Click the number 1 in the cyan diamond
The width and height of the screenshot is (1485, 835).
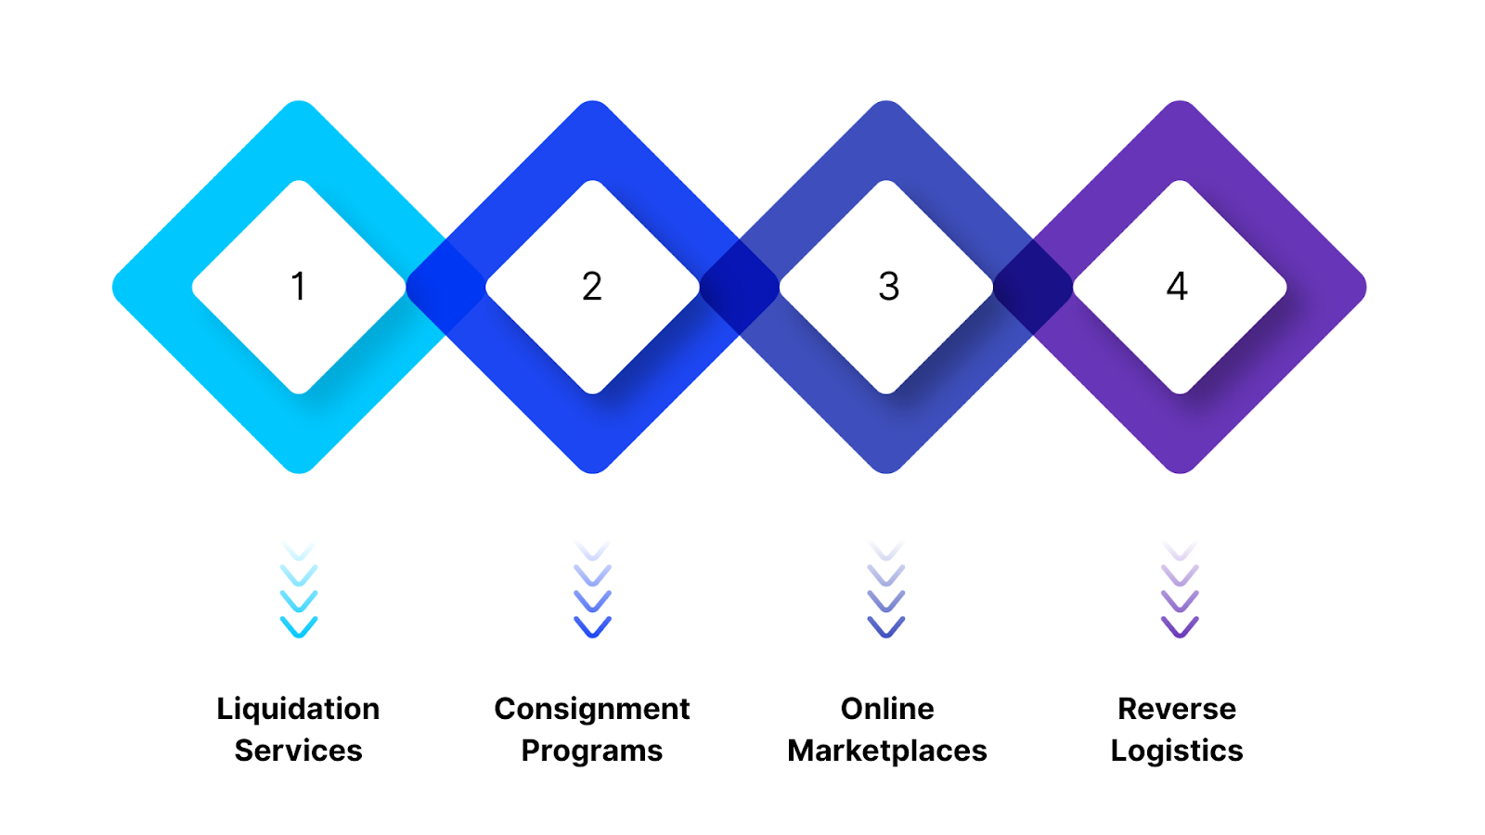click(x=298, y=286)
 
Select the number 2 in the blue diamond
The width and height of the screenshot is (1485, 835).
click(x=592, y=286)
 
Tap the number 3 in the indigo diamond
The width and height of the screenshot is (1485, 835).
click(x=888, y=286)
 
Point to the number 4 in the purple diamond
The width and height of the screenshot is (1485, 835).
click(x=1177, y=286)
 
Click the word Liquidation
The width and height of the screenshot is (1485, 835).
click(x=298, y=709)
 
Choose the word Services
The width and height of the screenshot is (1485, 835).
click(x=298, y=750)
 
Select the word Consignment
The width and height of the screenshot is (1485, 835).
click(x=592, y=709)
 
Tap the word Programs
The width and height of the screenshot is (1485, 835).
click(x=592, y=750)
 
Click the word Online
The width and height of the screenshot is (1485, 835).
click(x=887, y=709)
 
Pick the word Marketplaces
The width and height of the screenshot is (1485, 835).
click(x=887, y=750)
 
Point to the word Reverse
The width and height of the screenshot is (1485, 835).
click(x=1177, y=709)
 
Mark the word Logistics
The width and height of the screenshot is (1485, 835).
click(x=1177, y=750)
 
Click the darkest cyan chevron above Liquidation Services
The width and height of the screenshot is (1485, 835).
click(x=299, y=628)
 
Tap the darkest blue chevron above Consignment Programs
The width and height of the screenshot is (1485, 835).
click(x=592, y=628)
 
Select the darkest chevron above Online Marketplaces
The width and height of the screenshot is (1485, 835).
click(x=886, y=628)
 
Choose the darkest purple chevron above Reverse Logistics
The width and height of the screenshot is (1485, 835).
click(x=1180, y=628)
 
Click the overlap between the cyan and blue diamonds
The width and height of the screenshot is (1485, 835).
click(x=445, y=287)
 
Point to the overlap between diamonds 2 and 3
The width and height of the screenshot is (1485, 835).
click(x=740, y=287)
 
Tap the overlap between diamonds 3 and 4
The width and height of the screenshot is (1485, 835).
click(x=1033, y=287)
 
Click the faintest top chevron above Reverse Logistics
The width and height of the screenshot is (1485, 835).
click(x=1180, y=550)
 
